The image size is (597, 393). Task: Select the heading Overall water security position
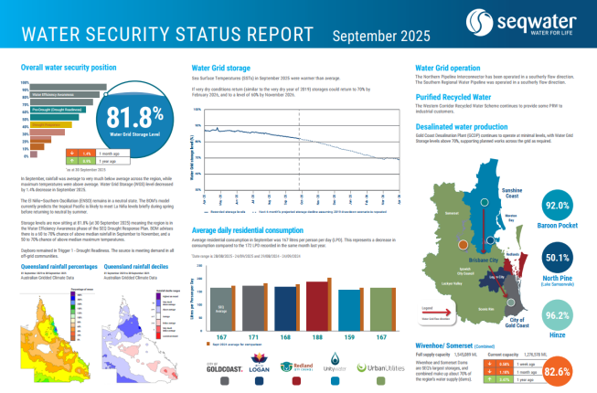(69, 69)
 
